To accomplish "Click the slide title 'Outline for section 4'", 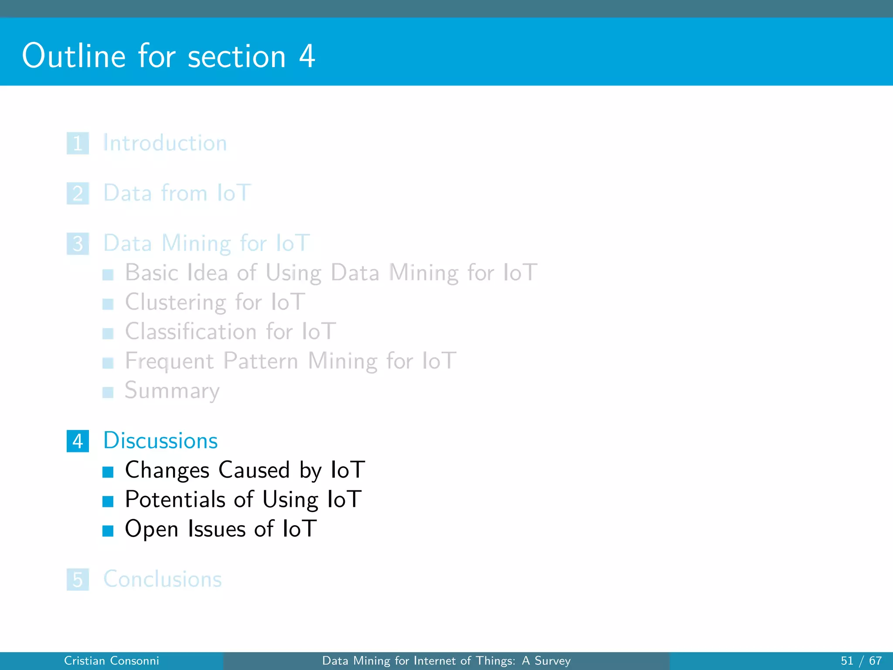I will [x=168, y=56].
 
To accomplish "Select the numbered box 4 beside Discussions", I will [x=78, y=441].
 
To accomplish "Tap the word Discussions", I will [x=160, y=441].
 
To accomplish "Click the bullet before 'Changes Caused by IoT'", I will [x=108, y=472].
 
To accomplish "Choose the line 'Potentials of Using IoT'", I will [x=243, y=499].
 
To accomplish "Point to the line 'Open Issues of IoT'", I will [x=221, y=529].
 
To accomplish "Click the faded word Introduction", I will [x=165, y=143].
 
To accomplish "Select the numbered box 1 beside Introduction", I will [x=78, y=143].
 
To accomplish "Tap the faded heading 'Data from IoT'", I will [x=177, y=193].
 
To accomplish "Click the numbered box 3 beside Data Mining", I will [x=78, y=243].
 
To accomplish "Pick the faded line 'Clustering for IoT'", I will [x=215, y=302].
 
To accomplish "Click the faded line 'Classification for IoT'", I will [x=231, y=332].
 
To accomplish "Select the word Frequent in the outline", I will [x=169, y=361].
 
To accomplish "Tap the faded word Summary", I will [x=172, y=390].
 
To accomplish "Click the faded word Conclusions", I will [x=163, y=579].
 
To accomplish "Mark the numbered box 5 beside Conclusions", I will [x=78, y=579].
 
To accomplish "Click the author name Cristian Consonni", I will [x=112, y=661].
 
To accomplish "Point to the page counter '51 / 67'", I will [x=861, y=661].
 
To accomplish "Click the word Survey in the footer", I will [x=552, y=661].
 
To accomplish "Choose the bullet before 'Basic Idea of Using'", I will [x=108, y=275].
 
